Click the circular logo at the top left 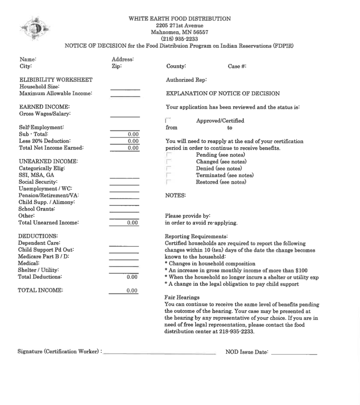pyautogui.click(x=35, y=28)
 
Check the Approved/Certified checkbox pyautogui.click(x=168, y=121)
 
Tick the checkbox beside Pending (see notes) pyautogui.click(x=168, y=155)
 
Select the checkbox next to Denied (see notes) pyautogui.click(x=168, y=169)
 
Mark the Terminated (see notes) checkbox pyautogui.click(x=168, y=175)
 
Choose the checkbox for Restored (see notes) pyautogui.click(x=168, y=182)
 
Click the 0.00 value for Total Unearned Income pyautogui.click(x=132, y=223)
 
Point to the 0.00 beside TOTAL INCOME pyautogui.click(x=132, y=291)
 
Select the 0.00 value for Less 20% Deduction pyautogui.click(x=133, y=141)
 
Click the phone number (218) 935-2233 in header pyautogui.click(x=179, y=39)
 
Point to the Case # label pyautogui.click(x=237, y=66)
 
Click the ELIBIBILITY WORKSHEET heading pyautogui.click(x=56, y=80)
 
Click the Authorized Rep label pyautogui.click(x=186, y=80)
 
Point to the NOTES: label pyautogui.click(x=175, y=195)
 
